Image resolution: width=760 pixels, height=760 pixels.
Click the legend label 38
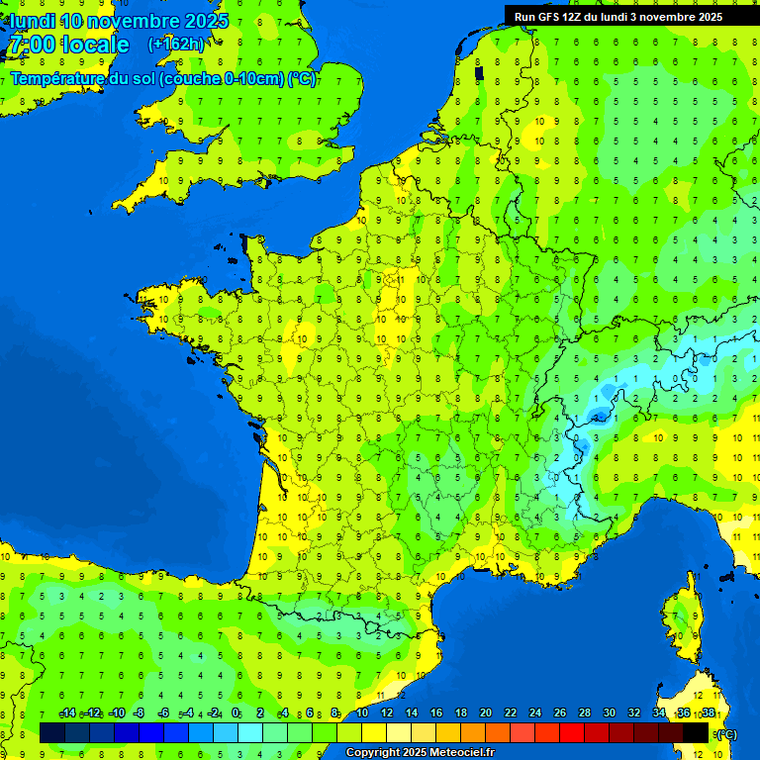(709, 713)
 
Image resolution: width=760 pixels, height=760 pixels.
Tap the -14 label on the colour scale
(68, 713)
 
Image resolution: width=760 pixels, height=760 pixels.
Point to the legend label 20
(485, 713)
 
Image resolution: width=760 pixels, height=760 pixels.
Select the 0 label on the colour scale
(236, 713)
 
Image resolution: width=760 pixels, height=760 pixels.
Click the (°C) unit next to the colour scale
(726, 733)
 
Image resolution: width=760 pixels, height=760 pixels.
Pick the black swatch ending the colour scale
(696, 732)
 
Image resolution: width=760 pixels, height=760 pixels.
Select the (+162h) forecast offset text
(176, 44)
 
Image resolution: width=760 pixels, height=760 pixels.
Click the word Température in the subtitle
(58, 79)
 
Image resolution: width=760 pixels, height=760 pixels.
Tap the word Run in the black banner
(525, 16)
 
